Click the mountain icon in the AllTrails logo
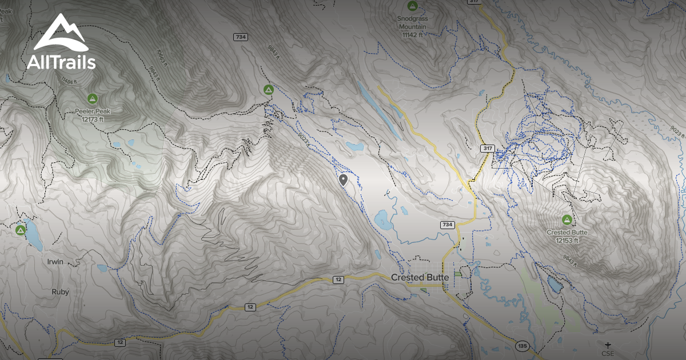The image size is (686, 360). [x=60, y=34]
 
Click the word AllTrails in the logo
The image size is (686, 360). [x=61, y=62]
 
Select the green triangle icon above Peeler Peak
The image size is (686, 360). [x=92, y=98]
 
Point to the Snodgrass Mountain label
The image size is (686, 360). [x=412, y=22]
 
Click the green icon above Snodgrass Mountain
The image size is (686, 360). [x=412, y=6]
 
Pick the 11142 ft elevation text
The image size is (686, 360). [x=412, y=34]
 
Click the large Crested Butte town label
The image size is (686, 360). [x=420, y=277]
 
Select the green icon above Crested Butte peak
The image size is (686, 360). [x=567, y=219]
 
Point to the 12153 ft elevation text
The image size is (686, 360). [x=567, y=241]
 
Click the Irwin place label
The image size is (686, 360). [x=55, y=262]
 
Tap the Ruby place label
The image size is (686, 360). [x=60, y=291]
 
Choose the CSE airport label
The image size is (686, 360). [x=607, y=353]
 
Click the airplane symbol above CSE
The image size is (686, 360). [x=607, y=345]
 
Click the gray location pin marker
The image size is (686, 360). [x=343, y=181]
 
